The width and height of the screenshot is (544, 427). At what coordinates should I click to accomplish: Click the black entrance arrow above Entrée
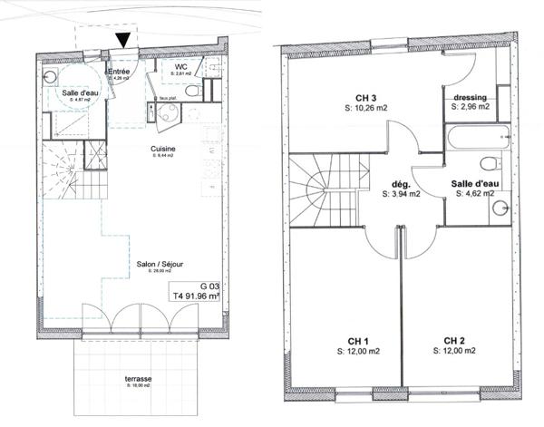click(123, 39)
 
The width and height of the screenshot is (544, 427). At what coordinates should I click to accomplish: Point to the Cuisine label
click(163, 149)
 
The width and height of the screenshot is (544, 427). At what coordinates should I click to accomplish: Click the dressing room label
click(470, 97)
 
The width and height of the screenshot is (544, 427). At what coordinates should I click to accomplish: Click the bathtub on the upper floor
click(479, 140)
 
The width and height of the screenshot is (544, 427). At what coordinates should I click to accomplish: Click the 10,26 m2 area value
click(366, 108)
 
